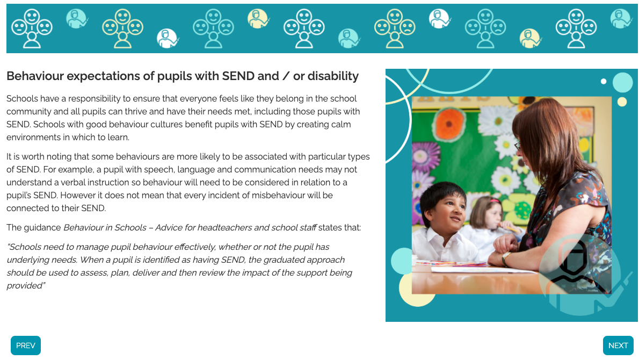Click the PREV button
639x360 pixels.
click(x=26, y=345)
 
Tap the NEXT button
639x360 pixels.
click(x=618, y=345)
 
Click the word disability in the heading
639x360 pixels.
click(x=333, y=76)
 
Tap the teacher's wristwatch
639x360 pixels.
click(x=505, y=258)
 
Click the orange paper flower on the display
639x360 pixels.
click(x=449, y=124)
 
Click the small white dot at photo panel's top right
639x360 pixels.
click(x=604, y=82)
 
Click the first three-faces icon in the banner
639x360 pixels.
click(x=32, y=28)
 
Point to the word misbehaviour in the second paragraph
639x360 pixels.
click(x=277, y=195)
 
